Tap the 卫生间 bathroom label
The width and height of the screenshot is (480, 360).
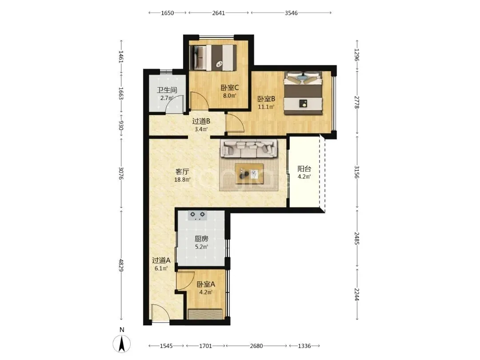click(x=167, y=90)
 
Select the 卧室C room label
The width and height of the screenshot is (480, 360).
click(x=230, y=88)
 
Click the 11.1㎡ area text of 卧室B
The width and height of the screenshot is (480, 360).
click(x=266, y=107)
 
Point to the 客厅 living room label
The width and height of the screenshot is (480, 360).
click(x=182, y=172)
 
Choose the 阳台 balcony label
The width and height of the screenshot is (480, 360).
click(x=304, y=169)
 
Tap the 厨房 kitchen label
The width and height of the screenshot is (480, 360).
click(x=201, y=239)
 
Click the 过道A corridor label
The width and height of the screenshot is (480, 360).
click(x=161, y=260)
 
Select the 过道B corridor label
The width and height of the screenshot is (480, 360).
click(x=201, y=121)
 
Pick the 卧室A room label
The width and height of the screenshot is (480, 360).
click(x=206, y=284)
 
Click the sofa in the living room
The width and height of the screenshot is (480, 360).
click(x=249, y=148)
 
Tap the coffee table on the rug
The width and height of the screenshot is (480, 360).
click(x=249, y=174)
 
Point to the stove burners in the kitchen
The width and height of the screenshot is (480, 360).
click(x=197, y=215)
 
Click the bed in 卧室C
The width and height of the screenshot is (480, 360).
click(x=213, y=58)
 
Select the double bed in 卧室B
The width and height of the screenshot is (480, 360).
click(x=303, y=93)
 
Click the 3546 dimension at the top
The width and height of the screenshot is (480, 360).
click(x=291, y=13)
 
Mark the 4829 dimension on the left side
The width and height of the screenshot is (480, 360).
click(x=121, y=265)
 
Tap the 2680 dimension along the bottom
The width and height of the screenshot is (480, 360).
click(x=256, y=346)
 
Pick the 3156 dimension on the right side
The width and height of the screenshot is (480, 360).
click(x=357, y=172)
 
